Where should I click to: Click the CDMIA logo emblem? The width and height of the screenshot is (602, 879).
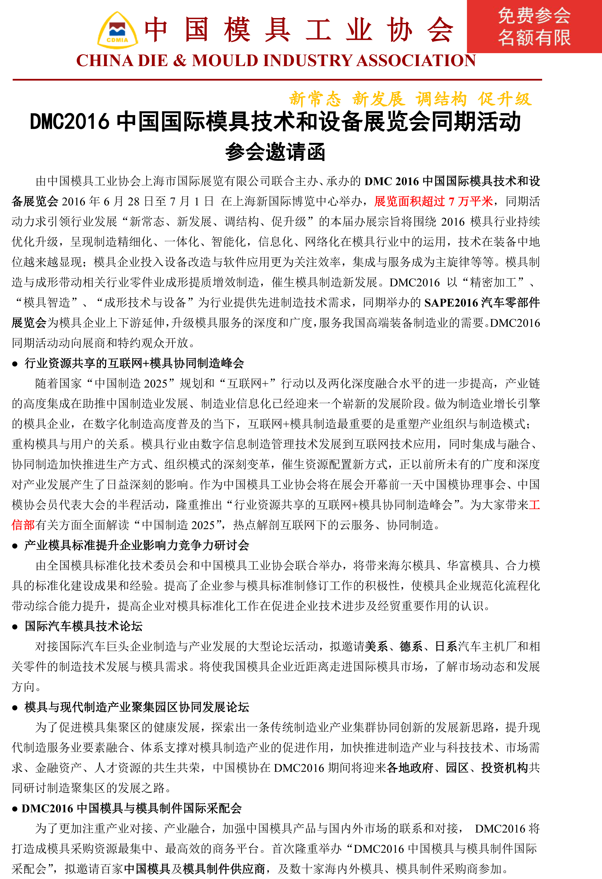[117, 30]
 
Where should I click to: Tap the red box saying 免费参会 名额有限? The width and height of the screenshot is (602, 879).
[534, 26]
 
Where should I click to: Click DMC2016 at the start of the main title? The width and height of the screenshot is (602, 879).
[70, 122]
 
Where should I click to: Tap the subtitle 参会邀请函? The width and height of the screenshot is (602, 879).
[275, 152]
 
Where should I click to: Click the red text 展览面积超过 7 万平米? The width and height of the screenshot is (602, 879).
[433, 201]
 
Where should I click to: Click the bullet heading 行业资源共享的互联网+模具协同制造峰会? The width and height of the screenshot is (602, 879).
[134, 364]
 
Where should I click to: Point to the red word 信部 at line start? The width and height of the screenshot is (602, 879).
[23, 525]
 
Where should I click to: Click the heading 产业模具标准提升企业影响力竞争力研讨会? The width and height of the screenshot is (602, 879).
[137, 545]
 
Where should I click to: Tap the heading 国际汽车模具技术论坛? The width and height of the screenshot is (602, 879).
[84, 626]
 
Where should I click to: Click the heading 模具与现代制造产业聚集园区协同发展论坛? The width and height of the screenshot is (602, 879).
[137, 707]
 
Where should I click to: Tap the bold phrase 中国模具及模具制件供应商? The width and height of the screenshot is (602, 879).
[194, 869]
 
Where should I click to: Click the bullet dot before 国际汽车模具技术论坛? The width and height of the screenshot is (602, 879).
[15, 627]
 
